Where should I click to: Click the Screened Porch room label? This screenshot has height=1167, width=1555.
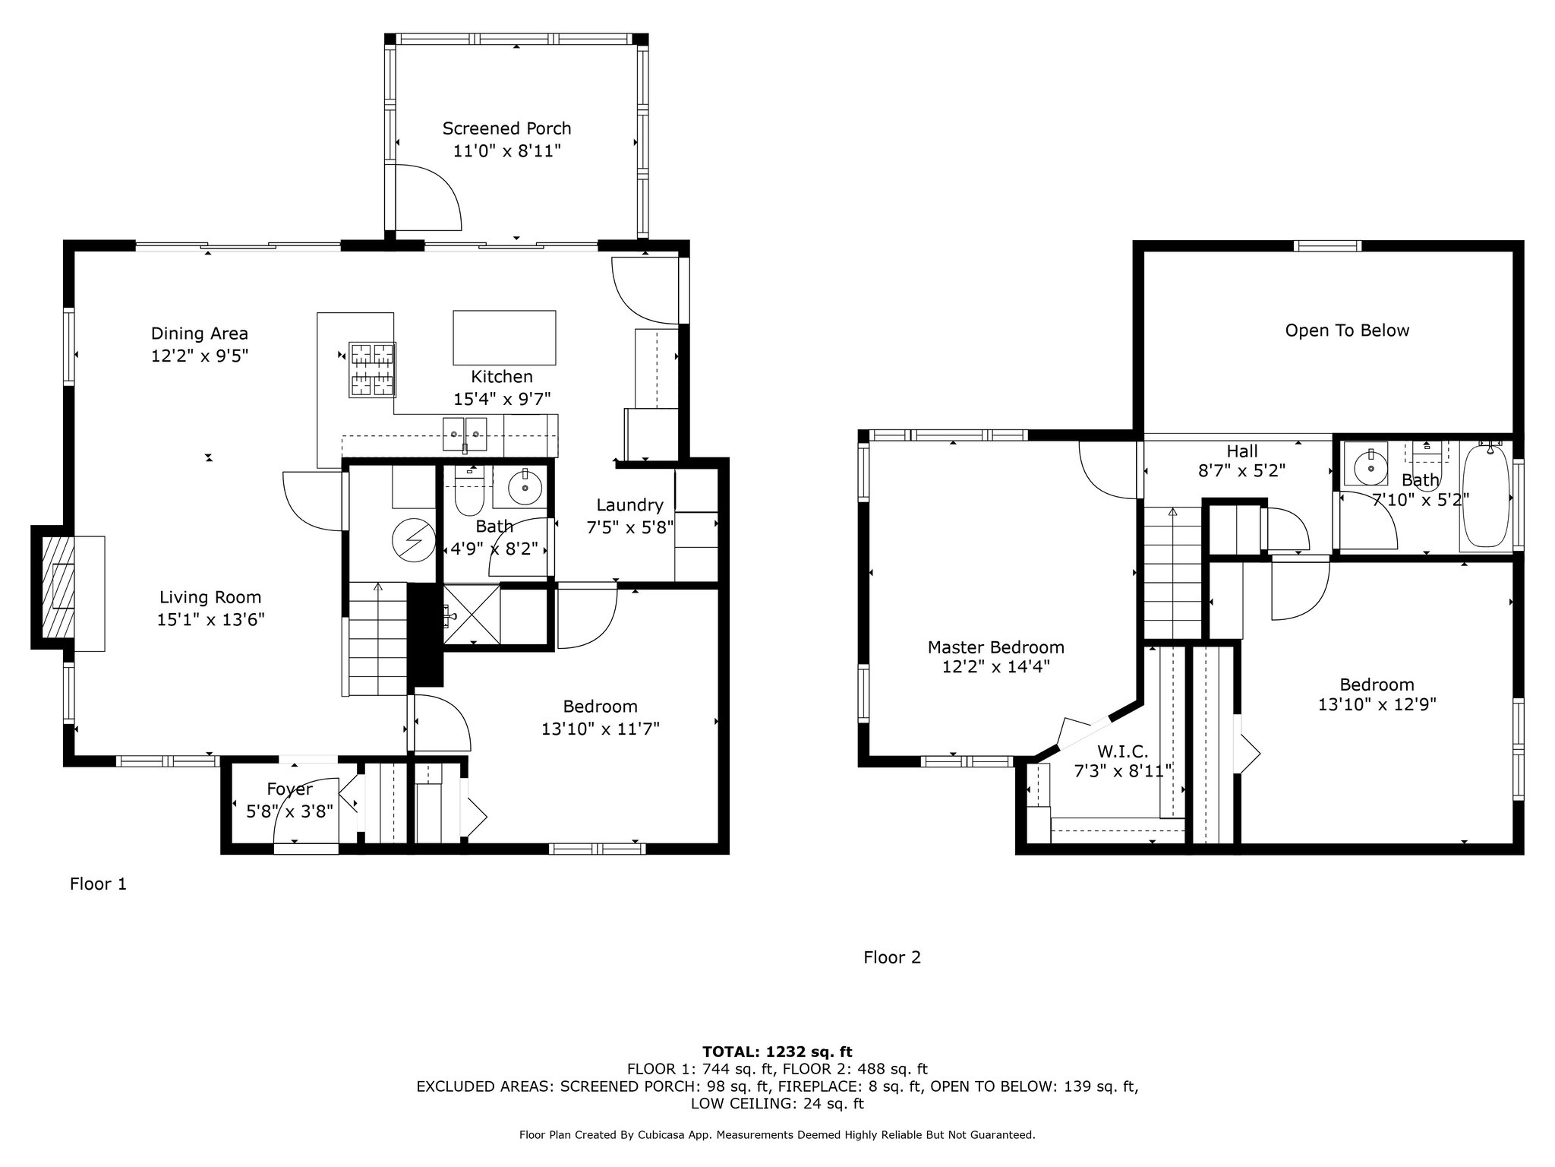coord(506,128)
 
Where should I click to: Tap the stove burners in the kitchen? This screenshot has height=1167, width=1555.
coord(372,370)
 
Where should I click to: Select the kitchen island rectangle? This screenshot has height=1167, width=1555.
coord(504,338)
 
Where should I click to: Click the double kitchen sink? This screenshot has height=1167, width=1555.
coord(465,434)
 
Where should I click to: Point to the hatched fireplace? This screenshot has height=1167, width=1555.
coord(58,587)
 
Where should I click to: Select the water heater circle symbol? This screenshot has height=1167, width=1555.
coord(412,541)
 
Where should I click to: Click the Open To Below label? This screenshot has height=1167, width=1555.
coord(1347,330)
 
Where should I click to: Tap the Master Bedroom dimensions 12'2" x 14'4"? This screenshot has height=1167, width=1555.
coord(995,667)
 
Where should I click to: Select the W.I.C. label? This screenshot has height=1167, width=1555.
coord(1122,751)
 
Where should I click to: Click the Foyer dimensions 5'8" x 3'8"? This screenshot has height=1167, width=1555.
coord(290,811)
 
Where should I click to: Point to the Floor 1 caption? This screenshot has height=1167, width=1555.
coord(98,884)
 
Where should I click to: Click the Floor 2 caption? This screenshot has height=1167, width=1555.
coord(892,957)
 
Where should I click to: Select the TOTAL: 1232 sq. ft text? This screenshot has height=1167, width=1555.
coord(777,1052)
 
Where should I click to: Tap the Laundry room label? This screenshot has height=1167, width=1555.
coord(629,504)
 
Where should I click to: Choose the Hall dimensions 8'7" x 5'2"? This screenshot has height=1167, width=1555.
coord(1241,471)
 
